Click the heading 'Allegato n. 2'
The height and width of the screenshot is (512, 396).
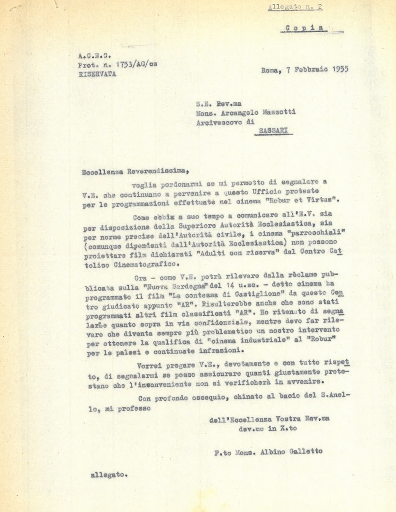coord(295,7)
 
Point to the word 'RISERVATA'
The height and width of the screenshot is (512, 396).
coord(97,74)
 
